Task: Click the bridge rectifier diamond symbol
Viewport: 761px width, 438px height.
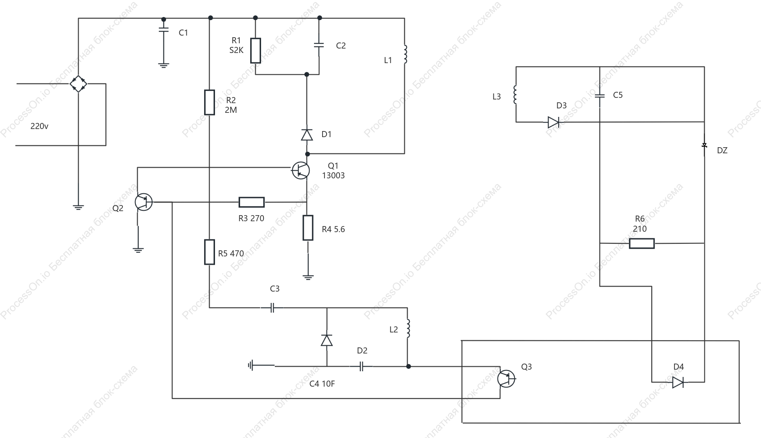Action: coord(78,84)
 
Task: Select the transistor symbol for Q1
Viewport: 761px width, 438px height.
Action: coord(301,170)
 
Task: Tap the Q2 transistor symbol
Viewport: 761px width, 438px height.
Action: coord(143,202)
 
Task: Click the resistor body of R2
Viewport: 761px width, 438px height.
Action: coord(209,102)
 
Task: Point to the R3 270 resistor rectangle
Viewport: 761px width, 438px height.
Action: coord(251,202)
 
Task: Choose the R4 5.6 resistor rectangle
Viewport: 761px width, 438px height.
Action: coord(308,228)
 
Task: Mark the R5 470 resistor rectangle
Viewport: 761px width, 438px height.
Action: coord(209,252)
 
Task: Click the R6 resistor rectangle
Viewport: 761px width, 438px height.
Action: coord(642,243)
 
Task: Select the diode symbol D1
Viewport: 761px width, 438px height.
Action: coord(307,135)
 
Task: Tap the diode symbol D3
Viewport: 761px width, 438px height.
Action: coord(553,122)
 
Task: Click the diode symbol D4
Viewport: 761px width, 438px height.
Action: coord(678,382)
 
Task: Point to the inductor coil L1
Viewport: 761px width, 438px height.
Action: coord(405,54)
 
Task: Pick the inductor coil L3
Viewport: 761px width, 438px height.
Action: coord(515,95)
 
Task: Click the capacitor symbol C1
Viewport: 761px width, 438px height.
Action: coord(163,30)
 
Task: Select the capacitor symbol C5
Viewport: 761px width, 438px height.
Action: coord(600,96)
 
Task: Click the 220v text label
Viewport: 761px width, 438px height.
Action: coord(39,126)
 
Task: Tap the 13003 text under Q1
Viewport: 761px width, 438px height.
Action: coord(333,176)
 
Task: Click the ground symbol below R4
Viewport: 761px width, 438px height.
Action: coord(308,277)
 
